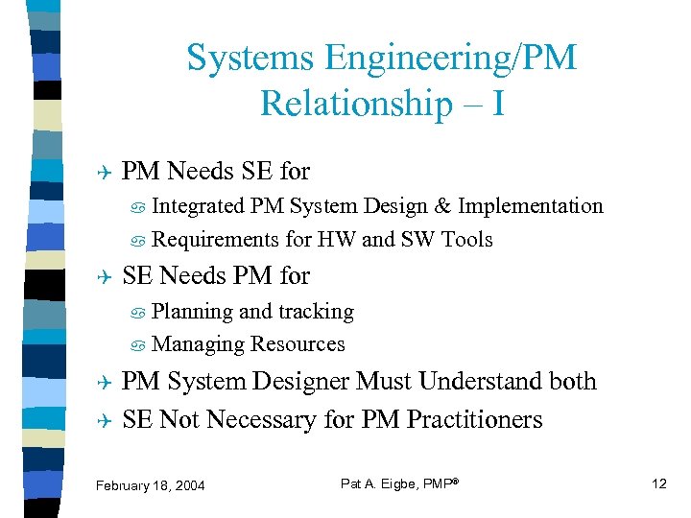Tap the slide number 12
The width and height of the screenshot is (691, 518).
pos(658,483)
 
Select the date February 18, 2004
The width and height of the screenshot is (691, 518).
pos(151,485)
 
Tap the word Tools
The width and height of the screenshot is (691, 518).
pos(467,240)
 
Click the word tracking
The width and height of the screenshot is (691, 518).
pos(316,312)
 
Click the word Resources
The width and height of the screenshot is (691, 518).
pos(298,344)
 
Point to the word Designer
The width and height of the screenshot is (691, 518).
pos(301,382)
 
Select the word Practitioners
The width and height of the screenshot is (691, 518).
pos(474,420)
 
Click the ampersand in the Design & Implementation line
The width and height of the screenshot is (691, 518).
pos(443,206)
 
